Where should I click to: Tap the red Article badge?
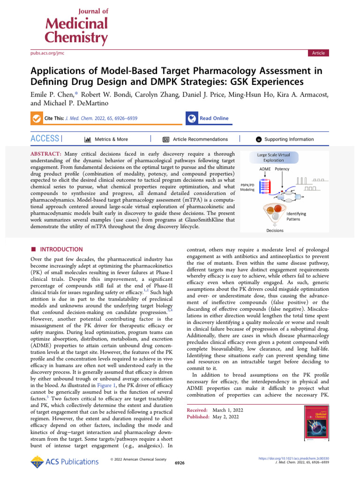click(x=318, y=53)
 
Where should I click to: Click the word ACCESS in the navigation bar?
click(x=45, y=139)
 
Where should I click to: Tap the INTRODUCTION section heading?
click(x=58, y=249)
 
